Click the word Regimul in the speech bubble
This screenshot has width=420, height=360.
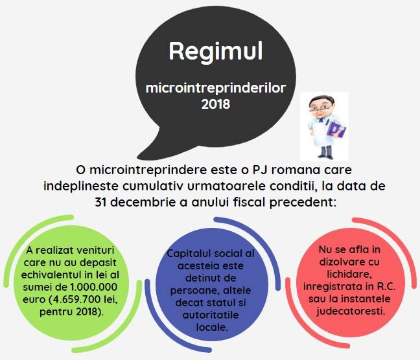216,52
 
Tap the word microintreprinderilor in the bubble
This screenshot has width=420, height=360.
216,88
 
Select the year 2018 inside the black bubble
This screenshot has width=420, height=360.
216,104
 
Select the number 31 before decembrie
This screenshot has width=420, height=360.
100,203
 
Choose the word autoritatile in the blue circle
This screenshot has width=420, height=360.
211,315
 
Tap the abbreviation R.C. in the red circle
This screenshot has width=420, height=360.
386,287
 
